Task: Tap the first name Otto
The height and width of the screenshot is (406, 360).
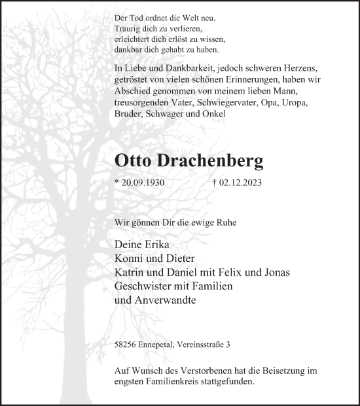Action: point(135,160)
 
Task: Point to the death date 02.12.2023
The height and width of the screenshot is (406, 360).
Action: point(240,183)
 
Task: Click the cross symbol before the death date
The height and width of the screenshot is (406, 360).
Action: point(215,183)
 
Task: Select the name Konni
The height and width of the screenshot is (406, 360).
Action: point(129,259)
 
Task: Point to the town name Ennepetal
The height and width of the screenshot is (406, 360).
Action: point(160,344)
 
